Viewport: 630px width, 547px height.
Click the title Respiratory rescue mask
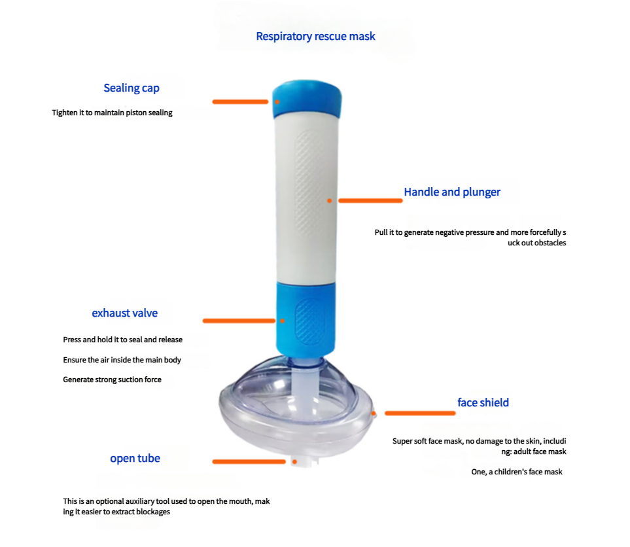pyautogui.click(x=315, y=36)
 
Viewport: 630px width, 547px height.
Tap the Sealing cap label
pyautogui.click(x=131, y=88)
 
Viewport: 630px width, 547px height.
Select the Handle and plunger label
pyautogui.click(x=452, y=192)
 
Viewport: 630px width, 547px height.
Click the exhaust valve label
pyautogui.click(x=124, y=313)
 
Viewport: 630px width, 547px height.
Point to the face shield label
pyautogui.click(x=483, y=402)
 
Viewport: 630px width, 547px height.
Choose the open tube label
pyautogui.click(x=135, y=459)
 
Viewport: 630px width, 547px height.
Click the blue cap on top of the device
pyautogui.click(x=307, y=98)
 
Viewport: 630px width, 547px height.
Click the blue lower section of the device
pyautogui.click(x=306, y=318)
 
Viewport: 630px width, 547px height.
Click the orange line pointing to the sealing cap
pyautogui.click(x=240, y=101)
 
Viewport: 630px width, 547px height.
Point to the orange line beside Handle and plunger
pyautogui.click(x=370, y=201)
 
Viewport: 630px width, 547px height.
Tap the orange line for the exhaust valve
pyautogui.click(x=239, y=321)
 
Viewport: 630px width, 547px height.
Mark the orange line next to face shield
pyautogui.click(x=420, y=413)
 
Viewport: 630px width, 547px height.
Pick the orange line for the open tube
pyautogui.click(x=249, y=462)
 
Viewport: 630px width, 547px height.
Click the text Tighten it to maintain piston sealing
pyautogui.click(x=112, y=113)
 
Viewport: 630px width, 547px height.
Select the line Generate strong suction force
pyautogui.click(x=112, y=379)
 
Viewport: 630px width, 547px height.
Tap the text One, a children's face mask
pyautogui.click(x=517, y=472)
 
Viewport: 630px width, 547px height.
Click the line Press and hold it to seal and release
pyautogui.click(x=122, y=340)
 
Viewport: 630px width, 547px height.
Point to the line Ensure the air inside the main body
pyautogui.click(x=122, y=360)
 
